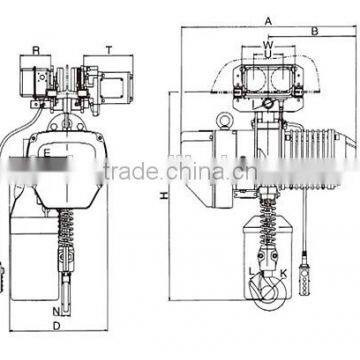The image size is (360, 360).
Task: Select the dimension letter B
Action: click(314, 32)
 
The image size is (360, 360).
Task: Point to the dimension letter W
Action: click(267, 44)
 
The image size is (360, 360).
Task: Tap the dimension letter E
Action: click(47, 152)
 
